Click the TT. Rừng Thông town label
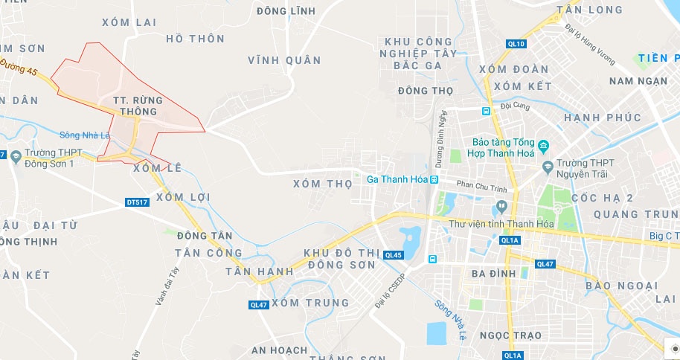[135, 105]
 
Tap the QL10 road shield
[516, 44]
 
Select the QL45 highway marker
[394, 255]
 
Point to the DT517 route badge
[138, 202]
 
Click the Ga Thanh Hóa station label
[398, 179]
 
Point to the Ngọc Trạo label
[510, 335]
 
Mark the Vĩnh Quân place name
[284, 60]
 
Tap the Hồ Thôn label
[196, 38]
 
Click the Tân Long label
[589, 10]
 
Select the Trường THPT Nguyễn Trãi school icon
[548, 166]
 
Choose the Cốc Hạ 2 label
[603, 198]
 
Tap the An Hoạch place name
[279, 350]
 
